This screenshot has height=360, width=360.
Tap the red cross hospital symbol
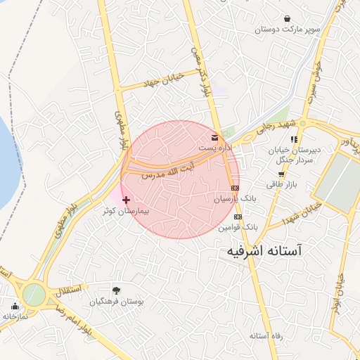click(126, 200)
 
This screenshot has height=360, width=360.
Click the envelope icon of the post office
click(214, 136)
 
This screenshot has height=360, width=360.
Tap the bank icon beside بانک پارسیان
click(234, 188)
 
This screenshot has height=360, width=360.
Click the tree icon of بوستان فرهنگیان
click(116, 290)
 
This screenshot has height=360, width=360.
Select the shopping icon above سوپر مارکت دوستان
click(287, 18)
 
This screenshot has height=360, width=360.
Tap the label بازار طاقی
click(282, 184)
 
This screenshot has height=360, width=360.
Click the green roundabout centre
click(32, 294)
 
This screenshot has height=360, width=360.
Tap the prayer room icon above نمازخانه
click(15, 305)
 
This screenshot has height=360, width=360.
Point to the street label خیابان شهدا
click(302, 212)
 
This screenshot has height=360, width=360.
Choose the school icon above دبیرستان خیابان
click(293, 139)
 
